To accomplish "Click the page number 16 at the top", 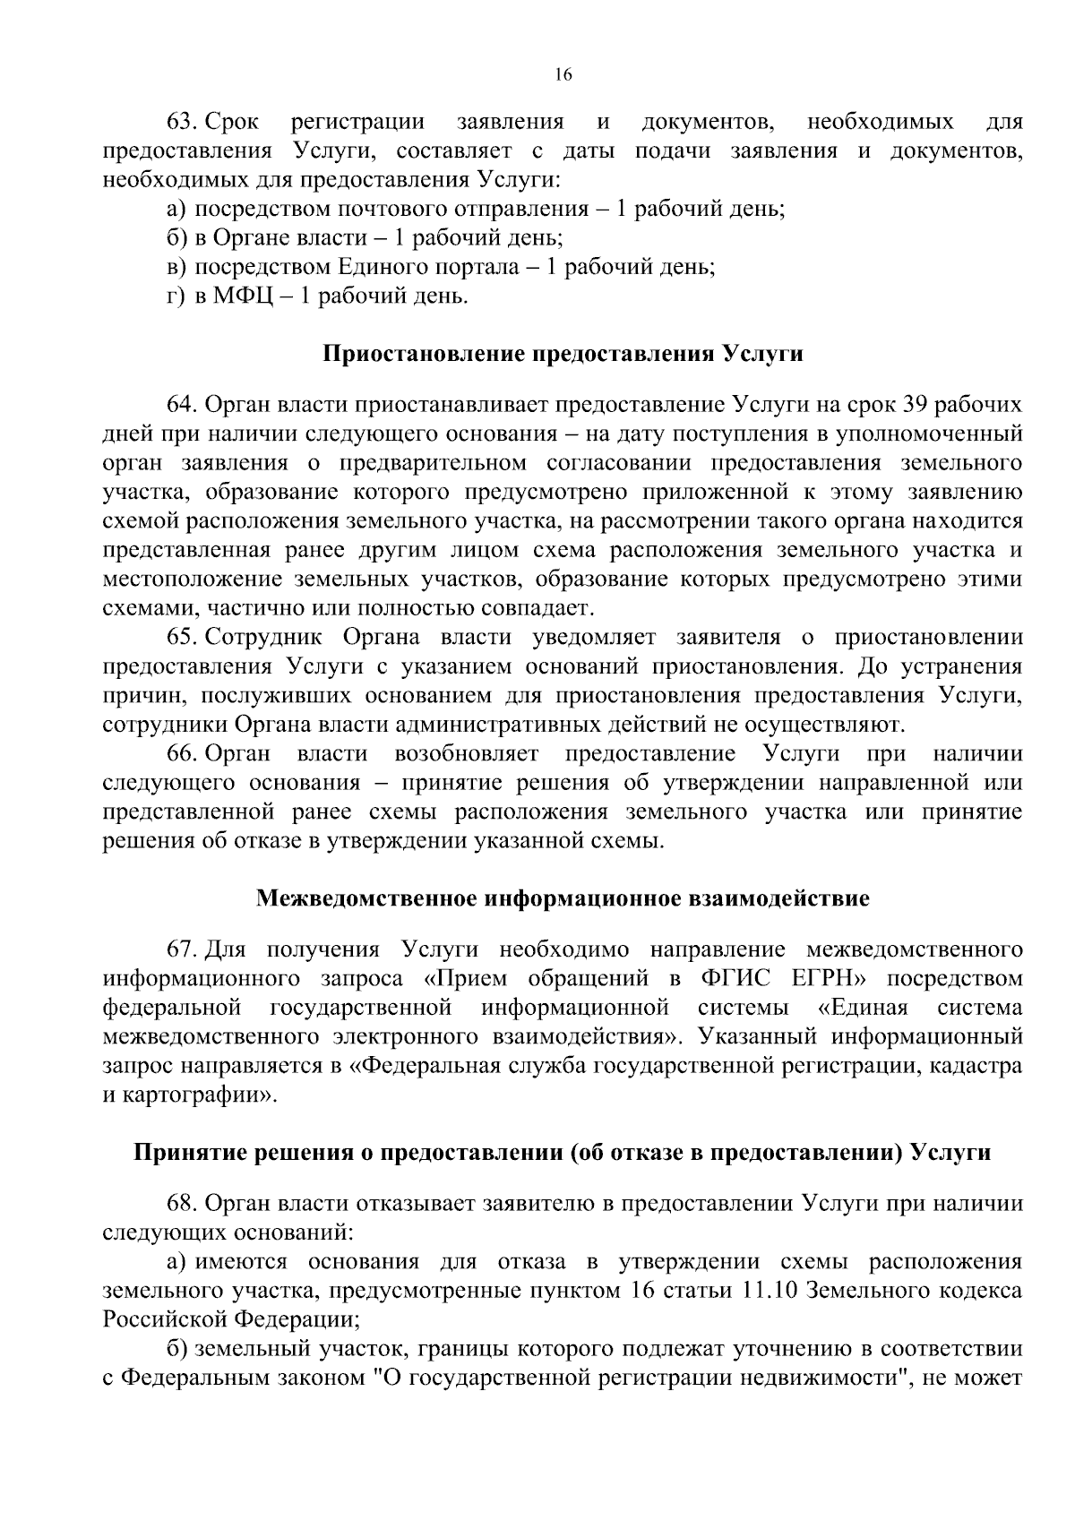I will point(563,75).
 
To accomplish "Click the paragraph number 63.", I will point(185,121).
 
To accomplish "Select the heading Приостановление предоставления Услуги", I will point(563,354).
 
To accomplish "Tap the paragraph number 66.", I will point(185,753).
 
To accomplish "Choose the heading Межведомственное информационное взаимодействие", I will point(563,898).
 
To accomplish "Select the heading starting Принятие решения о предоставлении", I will point(563,1153).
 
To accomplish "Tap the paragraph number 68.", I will point(185,1203).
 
